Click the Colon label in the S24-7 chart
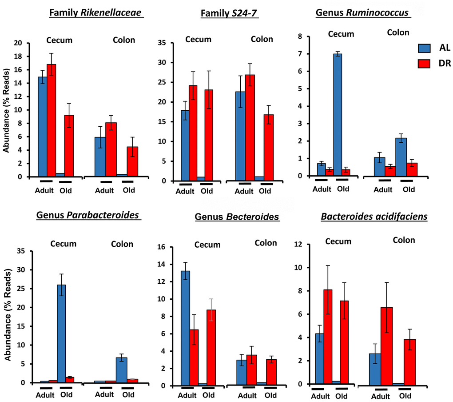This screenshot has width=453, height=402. (262, 39)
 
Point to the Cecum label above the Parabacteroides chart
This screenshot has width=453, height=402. (63, 244)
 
